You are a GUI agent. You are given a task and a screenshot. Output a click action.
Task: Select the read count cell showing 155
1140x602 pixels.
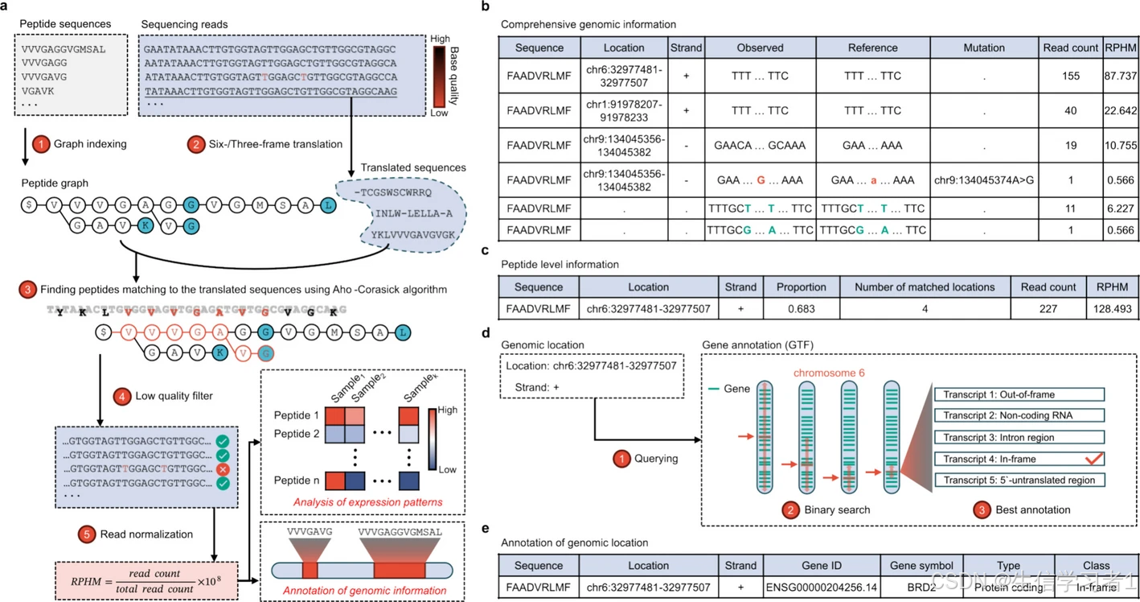coord(1070,76)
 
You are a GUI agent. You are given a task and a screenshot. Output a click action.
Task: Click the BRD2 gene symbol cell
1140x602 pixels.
coord(921,588)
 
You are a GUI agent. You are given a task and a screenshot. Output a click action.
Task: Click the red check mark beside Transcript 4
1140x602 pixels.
coord(1093,458)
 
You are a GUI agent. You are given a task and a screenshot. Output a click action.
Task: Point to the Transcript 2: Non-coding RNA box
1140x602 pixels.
coord(1019,415)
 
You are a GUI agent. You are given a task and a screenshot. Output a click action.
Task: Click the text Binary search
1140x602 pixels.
coord(830,509)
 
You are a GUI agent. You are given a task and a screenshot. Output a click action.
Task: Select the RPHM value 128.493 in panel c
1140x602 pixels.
coord(1112,309)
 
